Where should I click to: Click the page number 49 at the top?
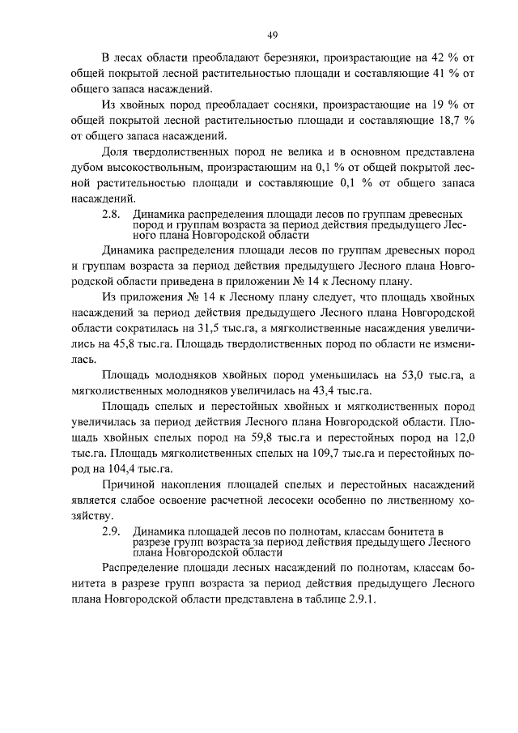pos(273,34)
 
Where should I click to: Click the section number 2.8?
pos(111,214)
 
